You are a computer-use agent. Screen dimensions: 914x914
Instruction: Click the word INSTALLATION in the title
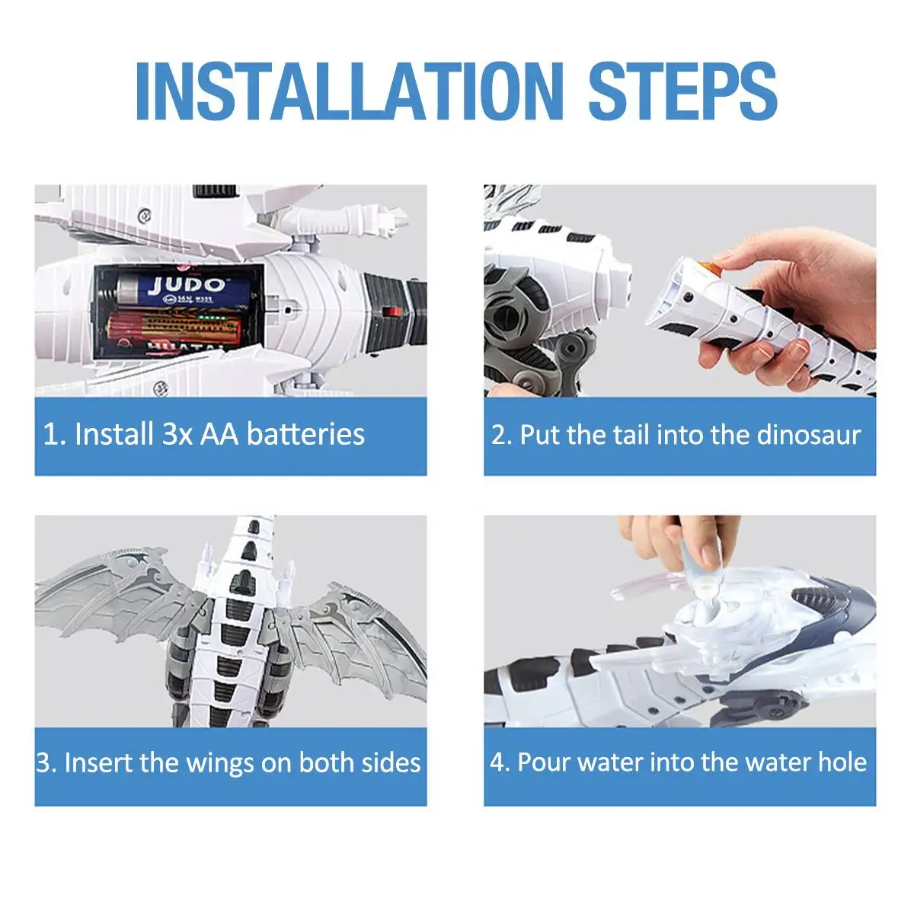(x=349, y=91)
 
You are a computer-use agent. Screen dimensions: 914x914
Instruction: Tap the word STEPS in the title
(x=682, y=91)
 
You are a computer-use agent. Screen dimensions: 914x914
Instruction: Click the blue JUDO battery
(x=184, y=289)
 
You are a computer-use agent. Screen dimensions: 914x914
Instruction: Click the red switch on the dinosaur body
(x=392, y=312)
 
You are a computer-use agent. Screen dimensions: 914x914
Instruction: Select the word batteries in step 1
(x=306, y=434)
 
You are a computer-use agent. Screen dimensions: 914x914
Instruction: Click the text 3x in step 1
(x=177, y=434)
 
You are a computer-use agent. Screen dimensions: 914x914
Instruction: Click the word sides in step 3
(x=391, y=763)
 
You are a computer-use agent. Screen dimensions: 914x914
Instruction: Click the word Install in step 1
(x=114, y=434)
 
